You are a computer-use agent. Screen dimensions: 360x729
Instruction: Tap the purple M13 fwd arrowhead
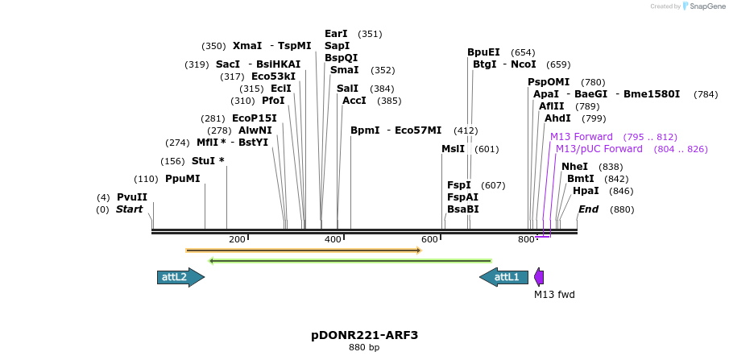539,277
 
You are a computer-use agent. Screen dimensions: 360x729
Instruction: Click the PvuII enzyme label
132,197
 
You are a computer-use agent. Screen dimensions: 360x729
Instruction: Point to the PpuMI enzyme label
182,179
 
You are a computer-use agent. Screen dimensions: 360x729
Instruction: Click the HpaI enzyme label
586,191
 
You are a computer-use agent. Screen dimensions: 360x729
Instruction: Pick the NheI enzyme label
575,167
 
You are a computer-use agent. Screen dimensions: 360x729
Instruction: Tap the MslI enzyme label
453,149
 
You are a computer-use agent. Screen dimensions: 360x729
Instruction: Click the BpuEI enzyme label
483,52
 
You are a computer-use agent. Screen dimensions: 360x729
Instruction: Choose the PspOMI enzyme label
549,82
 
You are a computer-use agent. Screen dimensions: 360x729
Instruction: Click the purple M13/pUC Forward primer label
599,149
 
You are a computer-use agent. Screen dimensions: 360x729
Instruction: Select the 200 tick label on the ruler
237,240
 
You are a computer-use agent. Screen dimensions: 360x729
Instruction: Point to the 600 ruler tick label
430,240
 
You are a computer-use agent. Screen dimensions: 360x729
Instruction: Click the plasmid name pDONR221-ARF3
364,335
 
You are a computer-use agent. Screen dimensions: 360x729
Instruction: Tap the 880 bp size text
364,348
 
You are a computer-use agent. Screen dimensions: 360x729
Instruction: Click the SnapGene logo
702,6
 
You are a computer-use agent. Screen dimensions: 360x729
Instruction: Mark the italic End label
588,210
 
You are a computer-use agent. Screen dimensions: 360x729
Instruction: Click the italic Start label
129,210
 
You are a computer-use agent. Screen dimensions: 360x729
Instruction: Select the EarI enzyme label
336,34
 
